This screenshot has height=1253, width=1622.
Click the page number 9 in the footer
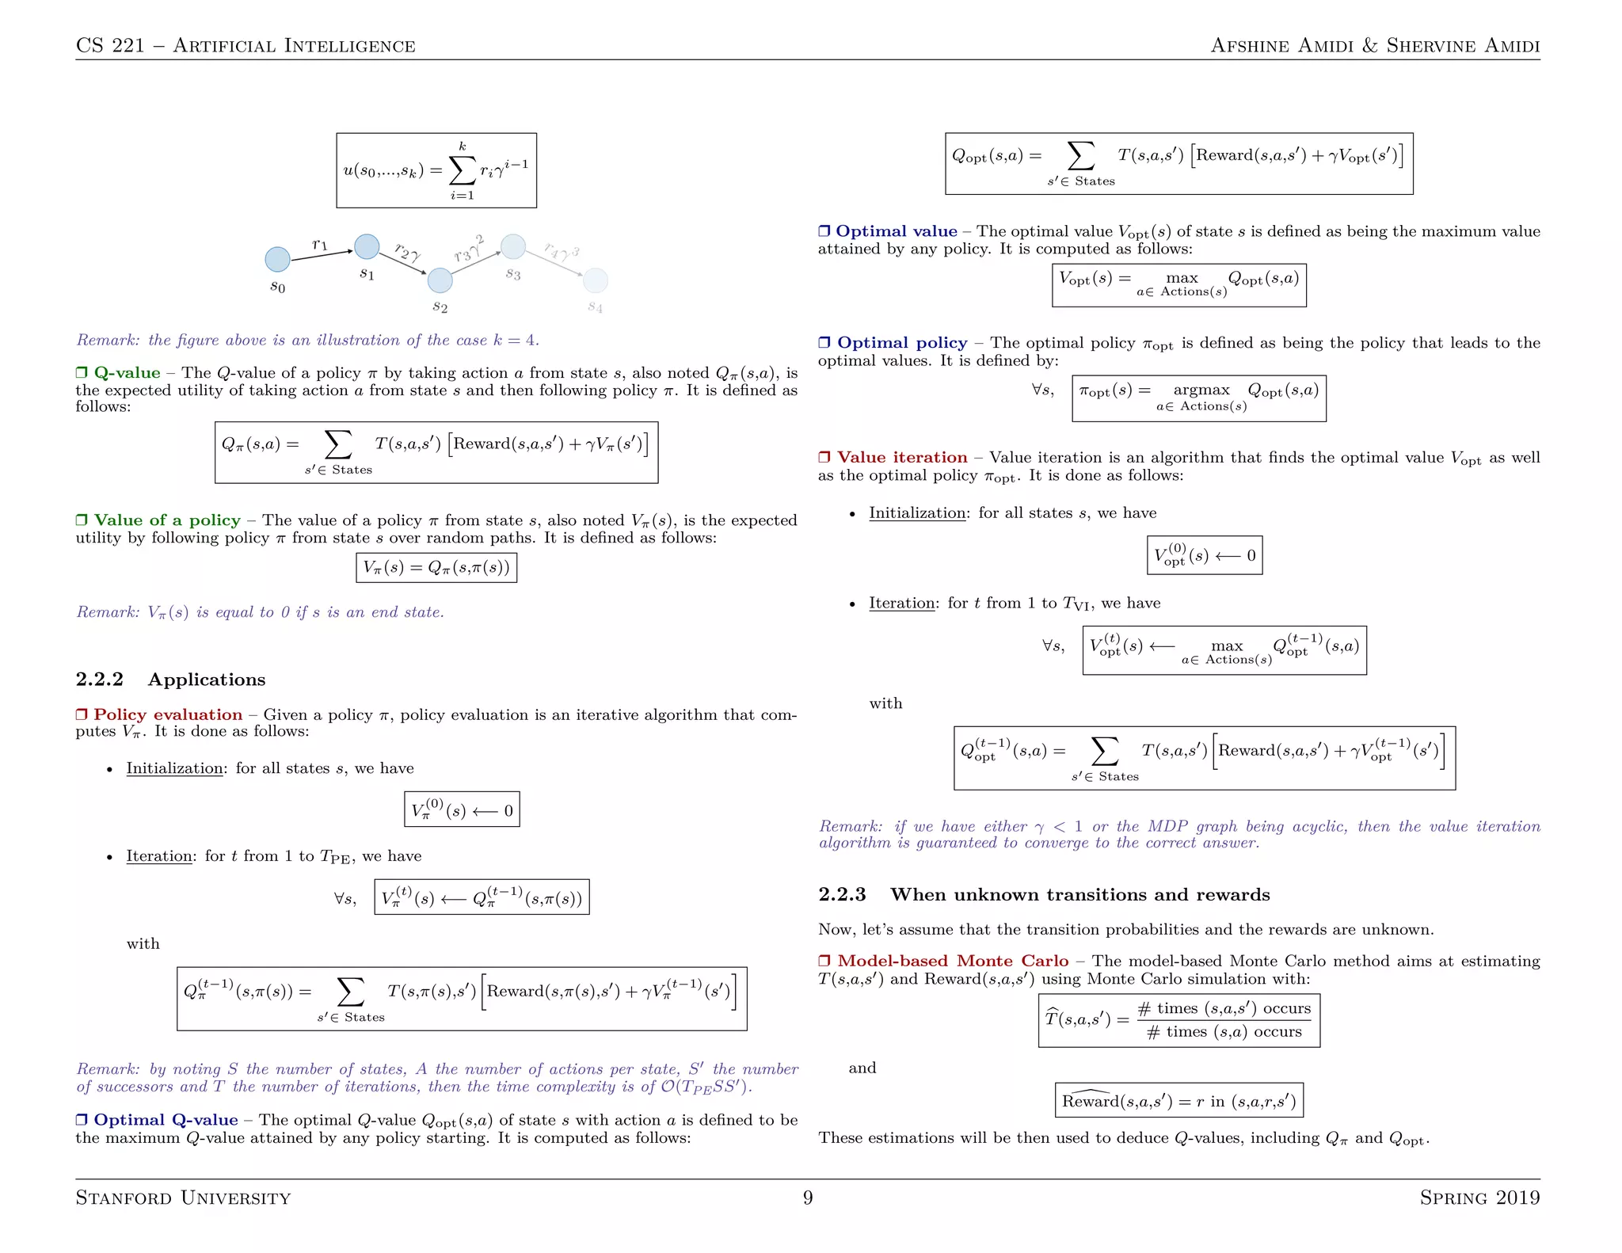808,1198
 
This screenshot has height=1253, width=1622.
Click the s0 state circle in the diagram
277,259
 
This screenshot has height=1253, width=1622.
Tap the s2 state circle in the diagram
440,280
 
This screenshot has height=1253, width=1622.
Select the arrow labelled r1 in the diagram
322,255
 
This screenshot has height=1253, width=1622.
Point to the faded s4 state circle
595,280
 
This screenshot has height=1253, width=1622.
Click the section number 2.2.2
100,680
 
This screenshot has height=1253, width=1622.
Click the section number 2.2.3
842,895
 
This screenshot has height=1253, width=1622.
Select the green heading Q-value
127,373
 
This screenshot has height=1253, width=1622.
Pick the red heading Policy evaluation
168,715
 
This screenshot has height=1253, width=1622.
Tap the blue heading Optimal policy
902,343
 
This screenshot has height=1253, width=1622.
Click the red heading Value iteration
902,458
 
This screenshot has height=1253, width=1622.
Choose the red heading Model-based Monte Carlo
953,962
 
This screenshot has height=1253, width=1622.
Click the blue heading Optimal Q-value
166,1120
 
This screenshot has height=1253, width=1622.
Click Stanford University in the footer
183,1198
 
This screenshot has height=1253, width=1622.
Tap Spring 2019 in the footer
1479,1198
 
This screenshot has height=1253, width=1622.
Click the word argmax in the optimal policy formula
1201,390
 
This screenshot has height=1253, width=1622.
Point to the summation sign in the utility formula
462,169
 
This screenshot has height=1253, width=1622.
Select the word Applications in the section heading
206,680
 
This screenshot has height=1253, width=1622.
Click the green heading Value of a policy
167,520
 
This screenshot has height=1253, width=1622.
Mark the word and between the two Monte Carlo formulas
862,1068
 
